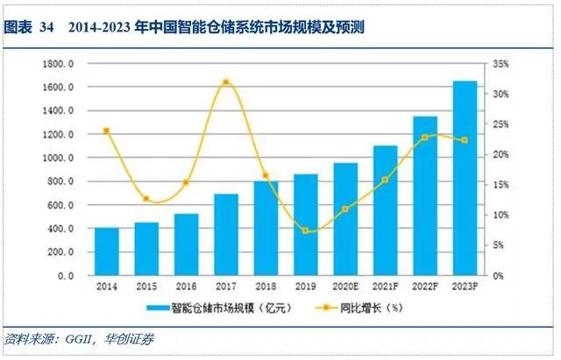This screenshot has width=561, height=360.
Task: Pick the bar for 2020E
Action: (x=345, y=219)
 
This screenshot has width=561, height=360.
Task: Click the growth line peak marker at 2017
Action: (x=226, y=82)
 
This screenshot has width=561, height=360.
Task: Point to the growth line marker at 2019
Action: (x=305, y=230)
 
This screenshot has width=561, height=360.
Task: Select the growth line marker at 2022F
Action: (x=424, y=138)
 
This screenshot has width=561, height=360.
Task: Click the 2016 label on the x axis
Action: (x=187, y=286)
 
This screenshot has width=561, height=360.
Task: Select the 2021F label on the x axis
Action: (x=384, y=286)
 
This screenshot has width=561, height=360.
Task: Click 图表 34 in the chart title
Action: (x=29, y=28)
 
